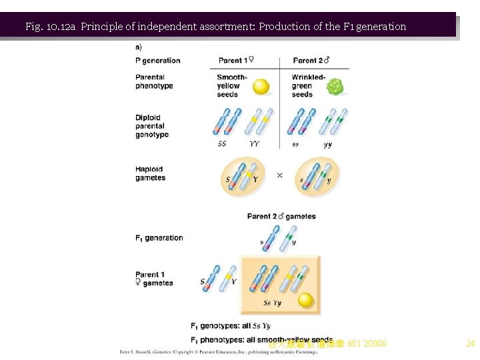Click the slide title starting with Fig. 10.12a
pos(215,27)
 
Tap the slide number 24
pos(470,344)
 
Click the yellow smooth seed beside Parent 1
pos(261,87)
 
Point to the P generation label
pos(158,61)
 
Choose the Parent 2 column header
pos(311,61)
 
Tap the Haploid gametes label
pos(151,173)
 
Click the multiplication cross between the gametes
pos(279,175)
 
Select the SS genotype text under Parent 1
pos(223,143)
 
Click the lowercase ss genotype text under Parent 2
pos(296,143)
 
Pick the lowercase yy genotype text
pos(328,143)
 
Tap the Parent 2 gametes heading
pos(281,216)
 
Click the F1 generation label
pos(159,237)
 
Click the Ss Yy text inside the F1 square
pos(272,303)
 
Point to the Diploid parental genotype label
pos(152,126)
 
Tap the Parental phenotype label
pos(154,81)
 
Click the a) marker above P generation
pos(139,47)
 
